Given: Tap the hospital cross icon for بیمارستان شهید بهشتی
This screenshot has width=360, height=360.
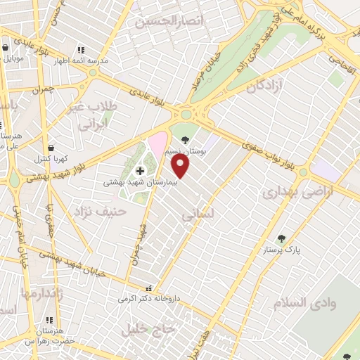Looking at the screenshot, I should pos(139,171).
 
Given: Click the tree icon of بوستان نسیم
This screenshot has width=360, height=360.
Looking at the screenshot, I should pos(184,139).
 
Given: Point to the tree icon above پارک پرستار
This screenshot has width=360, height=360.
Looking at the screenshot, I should pos(281,238).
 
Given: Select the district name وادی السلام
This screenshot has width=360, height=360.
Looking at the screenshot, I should pos(307,302).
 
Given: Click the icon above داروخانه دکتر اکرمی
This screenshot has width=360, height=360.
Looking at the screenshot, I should pos(148,288).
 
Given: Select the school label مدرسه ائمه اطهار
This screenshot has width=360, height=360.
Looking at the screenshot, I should pos(83,60).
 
